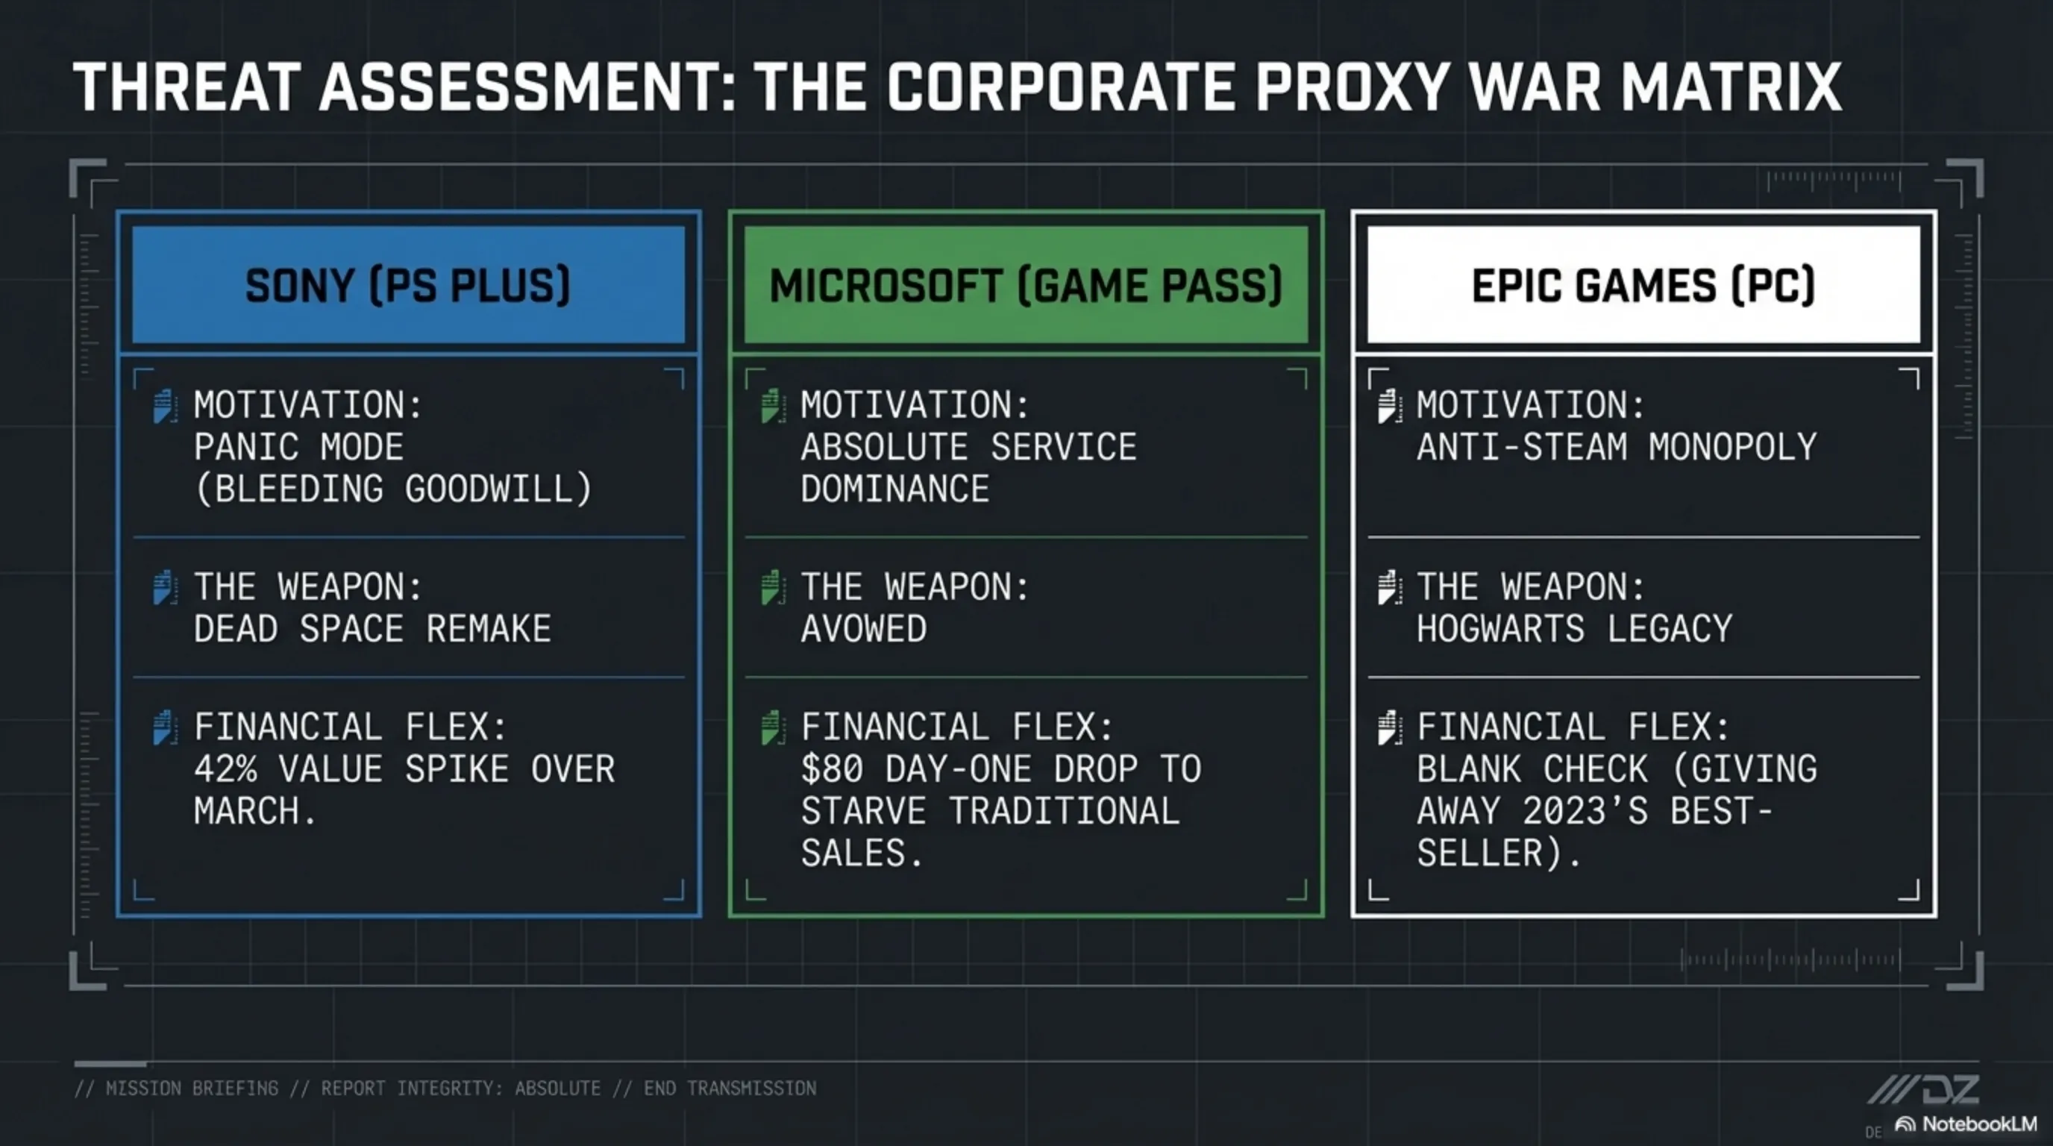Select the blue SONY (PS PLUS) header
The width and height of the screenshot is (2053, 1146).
tap(408, 284)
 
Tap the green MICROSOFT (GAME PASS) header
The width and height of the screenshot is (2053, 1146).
tap(1026, 284)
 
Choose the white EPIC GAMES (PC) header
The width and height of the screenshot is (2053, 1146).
tap(1643, 284)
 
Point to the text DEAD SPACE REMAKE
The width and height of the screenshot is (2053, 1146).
tap(372, 629)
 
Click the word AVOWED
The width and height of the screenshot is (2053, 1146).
tap(864, 629)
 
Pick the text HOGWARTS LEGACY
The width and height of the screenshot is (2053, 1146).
tap(1575, 629)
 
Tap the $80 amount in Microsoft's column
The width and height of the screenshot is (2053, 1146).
tap(832, 769)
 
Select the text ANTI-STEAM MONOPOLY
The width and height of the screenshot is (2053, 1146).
tap(1617, 447)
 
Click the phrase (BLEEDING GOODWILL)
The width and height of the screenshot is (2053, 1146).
tap(394, 489)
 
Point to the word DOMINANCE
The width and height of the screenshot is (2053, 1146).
tap(895, 489)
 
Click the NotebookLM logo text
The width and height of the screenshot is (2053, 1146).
tap(1979, 1124)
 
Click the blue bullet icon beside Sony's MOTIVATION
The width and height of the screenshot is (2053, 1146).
tap(164, 406)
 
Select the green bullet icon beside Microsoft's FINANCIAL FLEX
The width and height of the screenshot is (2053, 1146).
tap(772, 727)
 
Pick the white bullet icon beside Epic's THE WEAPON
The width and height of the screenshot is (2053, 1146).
tap(1390, 587)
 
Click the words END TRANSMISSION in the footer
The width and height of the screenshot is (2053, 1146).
tap(730, 1089)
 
